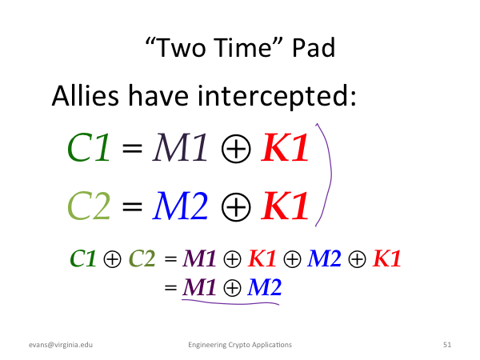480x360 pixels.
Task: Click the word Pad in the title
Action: tap(314, 48)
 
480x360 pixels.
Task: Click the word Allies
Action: tap(86, 95)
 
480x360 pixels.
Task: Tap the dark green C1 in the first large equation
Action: tap(88, 147)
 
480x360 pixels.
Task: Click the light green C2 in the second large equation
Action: tap(89, 206)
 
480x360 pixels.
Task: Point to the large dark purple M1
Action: tap(181, 147)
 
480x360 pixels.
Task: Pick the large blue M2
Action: tap(180, 206)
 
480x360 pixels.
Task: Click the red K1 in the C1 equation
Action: tap(285, 147)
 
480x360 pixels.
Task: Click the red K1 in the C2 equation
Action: tap(285, 206)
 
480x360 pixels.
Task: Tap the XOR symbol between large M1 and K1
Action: tap(236, 149)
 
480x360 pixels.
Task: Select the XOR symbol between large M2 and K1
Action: tap(236, 207)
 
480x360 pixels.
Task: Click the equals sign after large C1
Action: tap(132, 148)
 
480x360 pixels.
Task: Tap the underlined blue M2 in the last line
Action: tap(265, 287)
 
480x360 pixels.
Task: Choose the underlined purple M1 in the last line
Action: tap(199, 287)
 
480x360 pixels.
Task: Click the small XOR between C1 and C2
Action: tap(112, 259)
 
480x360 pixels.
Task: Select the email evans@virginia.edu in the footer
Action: tap(61, 345)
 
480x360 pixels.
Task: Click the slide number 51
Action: tap(447, 345)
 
